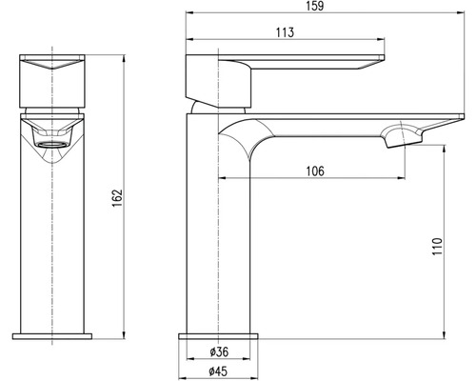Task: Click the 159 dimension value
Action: (315, 6)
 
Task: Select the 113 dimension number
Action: (285, 32)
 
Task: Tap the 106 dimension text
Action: (315, 171)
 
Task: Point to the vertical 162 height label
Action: (117, 198)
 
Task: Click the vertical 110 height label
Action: (437, 246)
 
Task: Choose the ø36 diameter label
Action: (219, 351)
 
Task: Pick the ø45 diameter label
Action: (218, 371)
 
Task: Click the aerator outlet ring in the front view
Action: (52, 145)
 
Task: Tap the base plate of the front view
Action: (52, 336)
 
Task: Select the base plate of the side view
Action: (218, 336)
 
